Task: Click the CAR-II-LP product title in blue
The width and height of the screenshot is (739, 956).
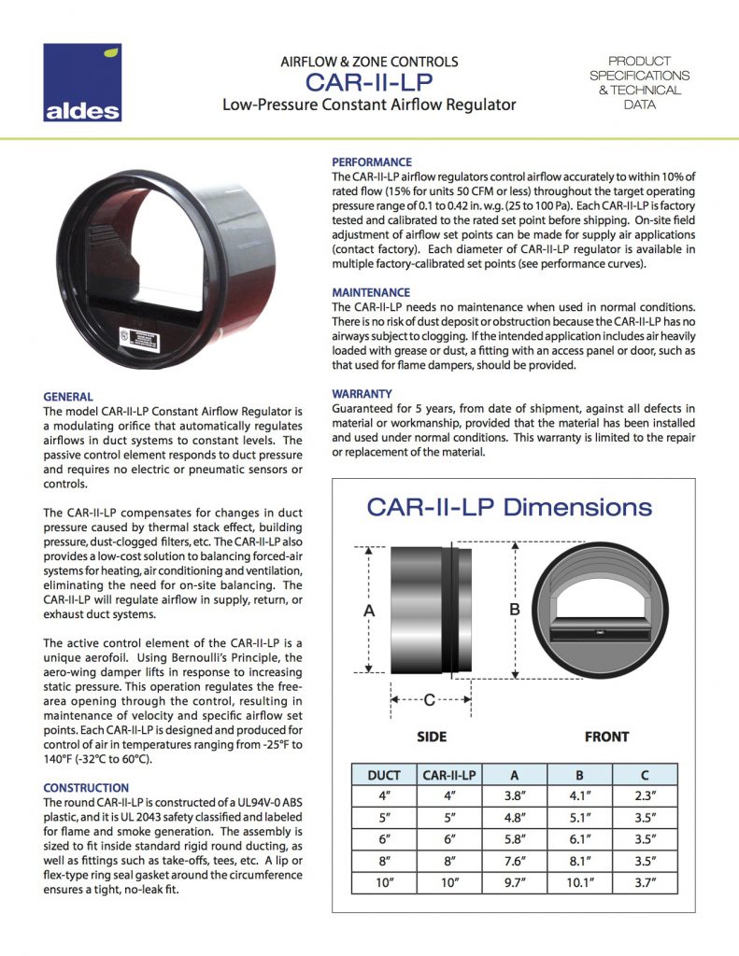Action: pyautogui.click(x=369, y=82)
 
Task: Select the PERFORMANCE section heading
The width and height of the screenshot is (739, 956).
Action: pyautogui.click(x=372, y=162)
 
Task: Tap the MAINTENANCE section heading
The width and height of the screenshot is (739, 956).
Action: pyautogui.click(x=371, y=292)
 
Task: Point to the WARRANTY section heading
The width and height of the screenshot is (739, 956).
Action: pyautogui.click(x=362, y=394)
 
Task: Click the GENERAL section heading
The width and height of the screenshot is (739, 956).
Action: pyautogui.click(x=68, y=397)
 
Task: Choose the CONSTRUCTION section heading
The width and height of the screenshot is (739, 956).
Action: pyautogui.click(x=86, y=788)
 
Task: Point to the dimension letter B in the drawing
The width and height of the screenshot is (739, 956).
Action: pyautogui.click(x=514, y=609)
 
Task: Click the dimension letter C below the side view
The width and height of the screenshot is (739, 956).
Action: pyautogui.click(x=429, y=699)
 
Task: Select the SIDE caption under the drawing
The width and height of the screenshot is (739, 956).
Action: pyautogui.click(x=431, y=737)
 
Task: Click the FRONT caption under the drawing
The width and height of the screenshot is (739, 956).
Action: pyautogui.click(x=606, y=737)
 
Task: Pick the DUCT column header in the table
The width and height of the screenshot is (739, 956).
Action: pyautogui.click(x=384, y=774)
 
